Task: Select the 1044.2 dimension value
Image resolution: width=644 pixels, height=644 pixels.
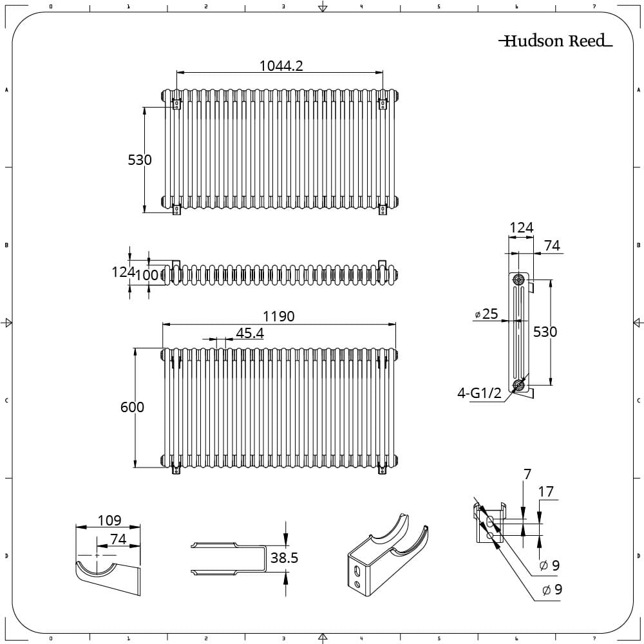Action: [281, 65]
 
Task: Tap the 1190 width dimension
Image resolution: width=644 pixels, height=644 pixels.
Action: [278, 316]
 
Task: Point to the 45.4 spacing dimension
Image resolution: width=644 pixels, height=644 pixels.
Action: [250, 333]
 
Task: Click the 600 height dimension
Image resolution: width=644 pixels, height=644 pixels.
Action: [133, 407]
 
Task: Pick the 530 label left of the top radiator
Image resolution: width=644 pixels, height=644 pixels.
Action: [140, 160]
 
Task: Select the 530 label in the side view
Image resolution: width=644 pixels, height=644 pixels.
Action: [545, 332]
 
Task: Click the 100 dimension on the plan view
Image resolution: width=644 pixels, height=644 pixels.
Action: [147, 275]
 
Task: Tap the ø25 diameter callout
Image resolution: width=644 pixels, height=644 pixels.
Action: [486, 314]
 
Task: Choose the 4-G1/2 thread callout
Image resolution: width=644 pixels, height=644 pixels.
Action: [479, 393]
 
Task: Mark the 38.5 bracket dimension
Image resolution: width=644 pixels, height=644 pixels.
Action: [284, 558]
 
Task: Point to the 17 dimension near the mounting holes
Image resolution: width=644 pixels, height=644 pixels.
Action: [545, 492]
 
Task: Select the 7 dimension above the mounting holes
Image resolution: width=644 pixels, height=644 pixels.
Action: [527, 475]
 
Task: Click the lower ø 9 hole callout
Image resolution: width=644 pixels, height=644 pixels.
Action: [552, 589]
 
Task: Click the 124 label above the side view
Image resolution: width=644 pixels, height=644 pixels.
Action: [522, 227]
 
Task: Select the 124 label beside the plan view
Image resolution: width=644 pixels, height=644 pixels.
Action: [122, 272]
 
